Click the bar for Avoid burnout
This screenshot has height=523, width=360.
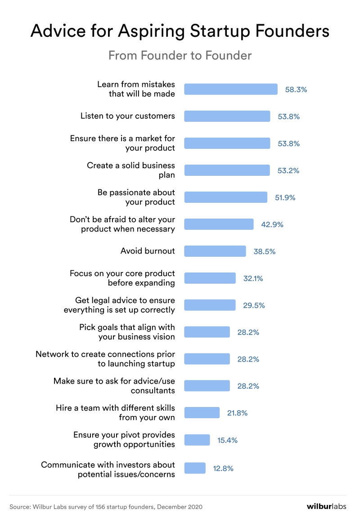pos(215,251)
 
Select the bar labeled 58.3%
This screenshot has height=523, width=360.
pos(231,89)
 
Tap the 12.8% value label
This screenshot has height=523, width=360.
pos(223,468)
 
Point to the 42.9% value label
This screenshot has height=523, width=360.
pos(272,224)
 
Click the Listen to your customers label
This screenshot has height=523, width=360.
pos(127,116)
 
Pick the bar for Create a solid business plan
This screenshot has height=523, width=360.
pos(227,170)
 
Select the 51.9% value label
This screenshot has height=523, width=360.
pos(285,197)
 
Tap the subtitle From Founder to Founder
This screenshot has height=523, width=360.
pos(180,55)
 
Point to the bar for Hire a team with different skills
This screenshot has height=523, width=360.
pos(202,413)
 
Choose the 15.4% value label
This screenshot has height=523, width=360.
pos(227,440)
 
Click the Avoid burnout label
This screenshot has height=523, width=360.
pos(148,251)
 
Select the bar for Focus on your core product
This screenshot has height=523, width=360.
pos(210,278)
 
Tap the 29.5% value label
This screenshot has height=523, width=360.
pos(254,305)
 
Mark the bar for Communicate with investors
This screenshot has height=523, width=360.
pos(195,468)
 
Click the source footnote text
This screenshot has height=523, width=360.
pos(106,507)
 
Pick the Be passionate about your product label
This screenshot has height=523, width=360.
pos(136,197)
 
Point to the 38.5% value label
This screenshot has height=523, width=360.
pos(264,251)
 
